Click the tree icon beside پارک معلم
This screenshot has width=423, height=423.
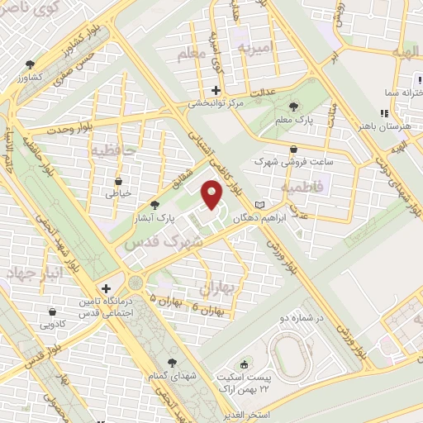296,106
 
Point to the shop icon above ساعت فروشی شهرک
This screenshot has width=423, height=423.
294,149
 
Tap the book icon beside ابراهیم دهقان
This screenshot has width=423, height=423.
261,204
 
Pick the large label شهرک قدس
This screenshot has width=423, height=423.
153,245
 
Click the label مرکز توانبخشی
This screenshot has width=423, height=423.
216,104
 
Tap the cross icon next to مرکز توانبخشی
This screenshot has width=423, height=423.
216,90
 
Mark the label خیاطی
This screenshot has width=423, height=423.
118,194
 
